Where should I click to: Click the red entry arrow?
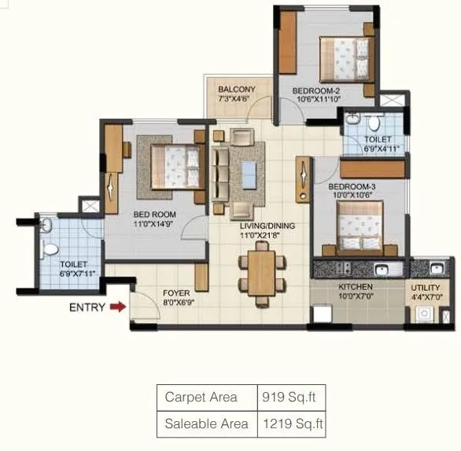(x=117, y=307)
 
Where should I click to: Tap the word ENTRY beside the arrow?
(x=87, y=307)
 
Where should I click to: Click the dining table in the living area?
(x=260, y=273)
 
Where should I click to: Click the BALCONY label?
(x=236, y=90)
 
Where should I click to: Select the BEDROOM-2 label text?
(x=317, y=90)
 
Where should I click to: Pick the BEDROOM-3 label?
(x=352, y=186)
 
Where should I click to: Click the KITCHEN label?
(x=356, y=287)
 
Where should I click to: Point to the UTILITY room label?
(x=426, y=288)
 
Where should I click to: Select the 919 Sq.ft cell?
(x=291, y=398)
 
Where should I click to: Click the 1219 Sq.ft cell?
(x=291, y=424)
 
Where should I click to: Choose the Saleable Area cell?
(x=206, y=424)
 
